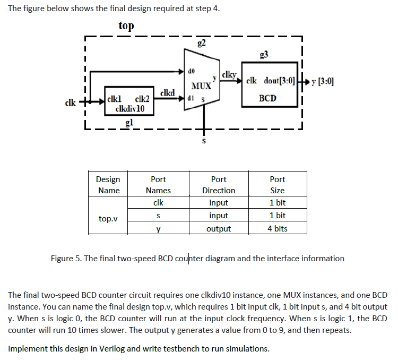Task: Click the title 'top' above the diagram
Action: tap(126, 25)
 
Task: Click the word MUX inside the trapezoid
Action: tap(201, 86)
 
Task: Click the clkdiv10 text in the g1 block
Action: tap(127, 109)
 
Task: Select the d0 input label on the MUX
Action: tap(192, 70)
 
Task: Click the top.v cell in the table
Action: tap(108, 218)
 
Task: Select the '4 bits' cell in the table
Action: tap(277, 229)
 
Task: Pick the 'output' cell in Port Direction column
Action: tap(219, 229)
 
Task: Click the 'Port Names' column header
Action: tap(158, 185)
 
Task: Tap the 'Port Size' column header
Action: tap(277, 185)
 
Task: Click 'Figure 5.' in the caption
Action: tap(66, 259)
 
